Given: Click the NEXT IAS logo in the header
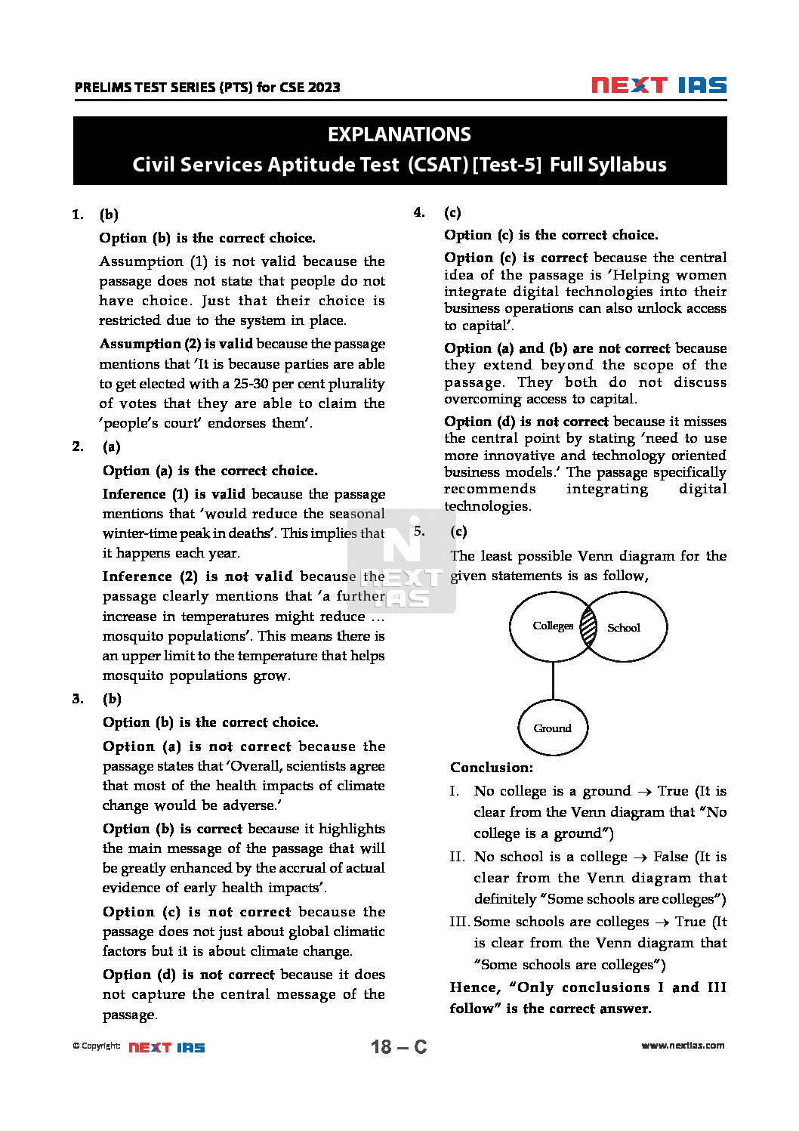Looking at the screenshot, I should pos(659,85).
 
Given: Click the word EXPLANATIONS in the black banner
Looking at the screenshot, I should pos(399,134).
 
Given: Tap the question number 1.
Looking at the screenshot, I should pos(77,215).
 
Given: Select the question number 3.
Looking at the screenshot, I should pos(78,699).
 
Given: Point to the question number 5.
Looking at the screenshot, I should pos(419,530).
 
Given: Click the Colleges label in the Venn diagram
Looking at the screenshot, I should pos(553,626).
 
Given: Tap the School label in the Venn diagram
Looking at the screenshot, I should pos(623,628).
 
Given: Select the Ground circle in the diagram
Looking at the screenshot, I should pos(553,728).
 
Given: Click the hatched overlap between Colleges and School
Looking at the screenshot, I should pos(588,627).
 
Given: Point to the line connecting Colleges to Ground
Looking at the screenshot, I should pos(553,680).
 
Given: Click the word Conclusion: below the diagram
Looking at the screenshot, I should pos(492,768).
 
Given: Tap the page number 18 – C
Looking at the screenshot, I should pos(399,1046).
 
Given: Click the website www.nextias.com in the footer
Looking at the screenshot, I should pos(683,1046).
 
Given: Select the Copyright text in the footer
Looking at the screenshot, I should pos(96,1046).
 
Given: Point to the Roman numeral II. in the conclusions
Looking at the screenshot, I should pos(457,857).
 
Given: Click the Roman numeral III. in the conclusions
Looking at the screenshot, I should pos(459,922).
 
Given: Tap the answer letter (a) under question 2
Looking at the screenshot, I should pos(112,447).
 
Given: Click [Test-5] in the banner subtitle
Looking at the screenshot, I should pos(507,165).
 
